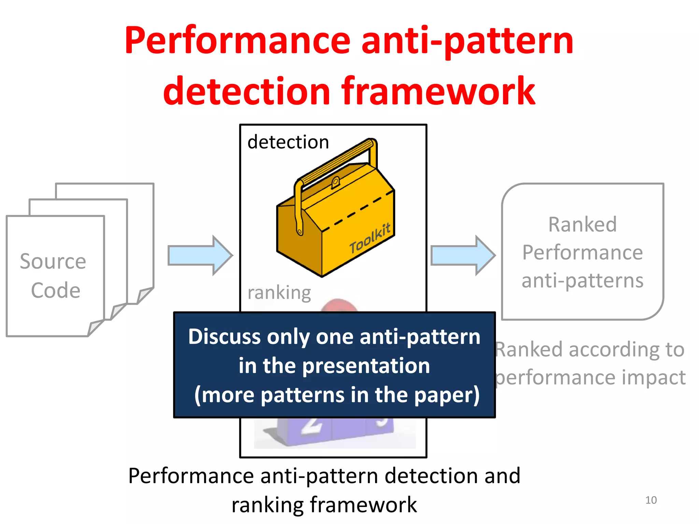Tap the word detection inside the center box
pos(288,142)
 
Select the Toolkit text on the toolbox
pos(370,238)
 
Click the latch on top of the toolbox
pos(335,182)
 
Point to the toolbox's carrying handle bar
pos(336,161)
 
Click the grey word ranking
pos(279,293)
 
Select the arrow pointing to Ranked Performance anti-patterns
pos(462,255)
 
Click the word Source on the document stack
pos(53,262)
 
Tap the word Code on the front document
pos(56,291)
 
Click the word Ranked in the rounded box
pos(582,225)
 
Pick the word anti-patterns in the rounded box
pos(582,281)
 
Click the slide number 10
pos(651,500)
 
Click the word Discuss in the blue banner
pos(224,337)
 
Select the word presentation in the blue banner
pos(366,366)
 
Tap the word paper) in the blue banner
pos(447,395)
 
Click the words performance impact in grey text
pos(590,378)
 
